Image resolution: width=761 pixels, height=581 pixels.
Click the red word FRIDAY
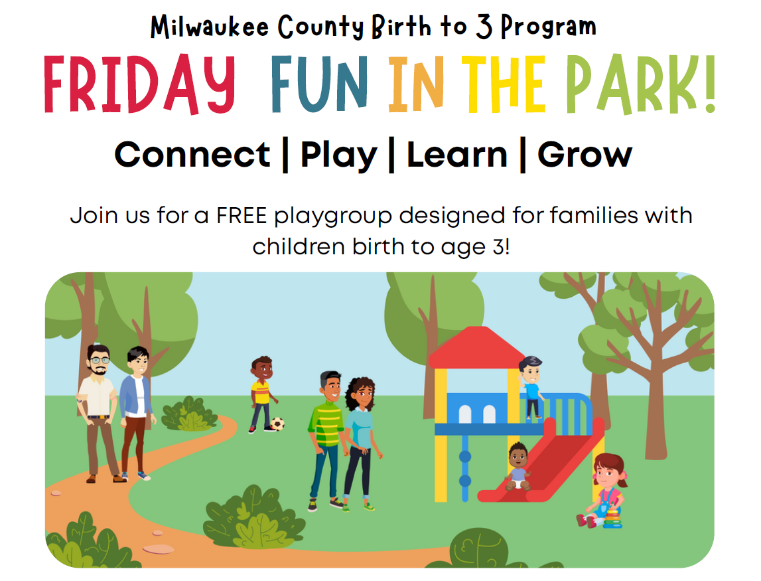point(140,84)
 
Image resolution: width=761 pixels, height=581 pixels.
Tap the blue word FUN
point(319,84)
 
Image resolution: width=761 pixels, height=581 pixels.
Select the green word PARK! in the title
point(641,84)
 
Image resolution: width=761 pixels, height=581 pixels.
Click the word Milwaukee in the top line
point(209,27)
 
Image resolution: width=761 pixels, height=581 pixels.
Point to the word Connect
point(192,155)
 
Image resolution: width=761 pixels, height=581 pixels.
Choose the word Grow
point(585,155)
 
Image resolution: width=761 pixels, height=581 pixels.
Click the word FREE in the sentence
point(242,215)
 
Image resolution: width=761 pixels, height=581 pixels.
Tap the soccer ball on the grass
point(277,424)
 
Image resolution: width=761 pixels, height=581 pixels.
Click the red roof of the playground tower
point(476,347)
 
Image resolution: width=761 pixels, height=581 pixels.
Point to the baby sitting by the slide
point(518,466)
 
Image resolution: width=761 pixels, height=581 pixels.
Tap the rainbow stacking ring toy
point(612,518)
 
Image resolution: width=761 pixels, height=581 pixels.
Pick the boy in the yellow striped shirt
point(263,394)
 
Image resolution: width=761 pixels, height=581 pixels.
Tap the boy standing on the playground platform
point(531,387)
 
